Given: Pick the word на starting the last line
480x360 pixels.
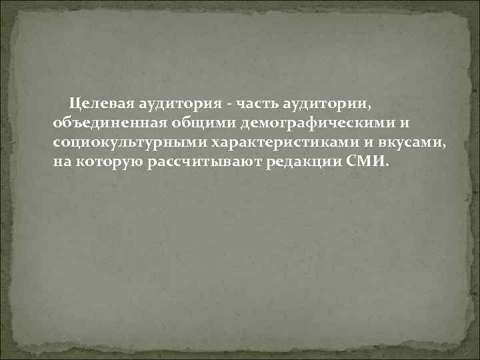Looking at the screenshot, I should (x=61, y=162).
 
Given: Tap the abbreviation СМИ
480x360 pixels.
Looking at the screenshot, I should (x=365, y=161).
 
